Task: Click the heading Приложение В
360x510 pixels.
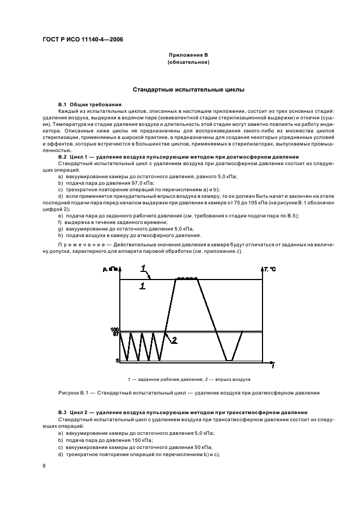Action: pyautogui.click(x=188, y=56)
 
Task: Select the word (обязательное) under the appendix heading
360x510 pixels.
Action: pyautogui.click(x=188, y=62)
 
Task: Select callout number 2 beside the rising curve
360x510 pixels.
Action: pyautogui.click(x=174, y=340)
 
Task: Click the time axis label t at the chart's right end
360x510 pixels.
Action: pyautogui.click(x=272, y=366)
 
